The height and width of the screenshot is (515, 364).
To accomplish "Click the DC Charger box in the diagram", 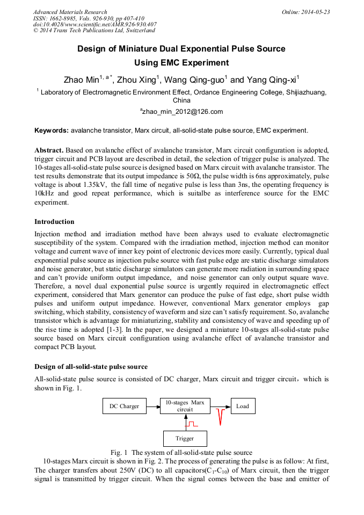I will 124,406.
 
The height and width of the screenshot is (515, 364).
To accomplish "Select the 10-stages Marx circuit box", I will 185,406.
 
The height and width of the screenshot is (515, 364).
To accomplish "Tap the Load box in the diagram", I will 243,406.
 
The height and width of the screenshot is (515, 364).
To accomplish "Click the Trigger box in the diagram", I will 185,439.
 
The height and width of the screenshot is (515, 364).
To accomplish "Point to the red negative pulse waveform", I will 220,416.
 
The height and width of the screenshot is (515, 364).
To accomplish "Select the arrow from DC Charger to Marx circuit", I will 153,406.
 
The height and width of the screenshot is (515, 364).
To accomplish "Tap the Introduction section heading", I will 54,222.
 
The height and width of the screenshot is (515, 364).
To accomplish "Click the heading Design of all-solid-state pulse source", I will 91,367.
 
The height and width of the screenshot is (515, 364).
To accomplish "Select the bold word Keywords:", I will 52,130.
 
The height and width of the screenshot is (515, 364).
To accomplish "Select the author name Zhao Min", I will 81,80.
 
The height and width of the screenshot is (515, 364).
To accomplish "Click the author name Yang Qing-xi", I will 273,80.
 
